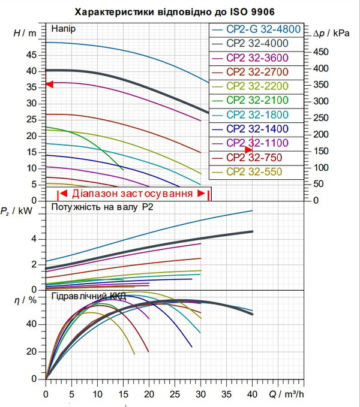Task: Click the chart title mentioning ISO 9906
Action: point(175,12)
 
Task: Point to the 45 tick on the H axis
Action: point(31,55)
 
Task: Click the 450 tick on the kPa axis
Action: point(321,52)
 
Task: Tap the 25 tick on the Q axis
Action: point(175,394)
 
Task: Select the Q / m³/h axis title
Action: point(286,394)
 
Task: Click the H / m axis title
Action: point(25,33)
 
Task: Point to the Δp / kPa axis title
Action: point(331,34)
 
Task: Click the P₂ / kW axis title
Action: point(16,211)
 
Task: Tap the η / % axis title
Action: point(25,300)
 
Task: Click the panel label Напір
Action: point(64,29)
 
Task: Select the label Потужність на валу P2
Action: point(103,207)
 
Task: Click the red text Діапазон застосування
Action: point(132,194)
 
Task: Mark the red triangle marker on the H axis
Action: point(49,85)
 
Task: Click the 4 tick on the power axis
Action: point(34,239)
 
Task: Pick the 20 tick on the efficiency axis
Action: point(31,352)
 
